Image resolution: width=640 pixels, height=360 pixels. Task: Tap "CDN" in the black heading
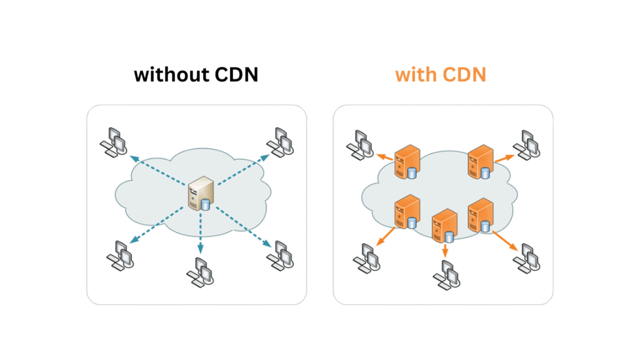click(x=236, y=76)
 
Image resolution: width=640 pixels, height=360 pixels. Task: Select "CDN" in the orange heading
click(x=464, y=76)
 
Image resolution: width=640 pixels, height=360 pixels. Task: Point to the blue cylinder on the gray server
click(x=206, y=204)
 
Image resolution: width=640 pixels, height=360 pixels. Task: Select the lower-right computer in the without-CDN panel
click(x=281, y=253)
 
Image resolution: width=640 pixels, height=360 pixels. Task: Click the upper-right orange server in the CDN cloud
click(x=481, y=161)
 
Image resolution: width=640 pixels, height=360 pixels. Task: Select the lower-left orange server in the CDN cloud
click(x=406, y=212)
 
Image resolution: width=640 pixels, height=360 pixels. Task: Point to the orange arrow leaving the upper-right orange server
click(x=503, y=161)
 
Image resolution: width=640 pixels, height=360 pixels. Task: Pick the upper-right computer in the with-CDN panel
click(x=526, y=144)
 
